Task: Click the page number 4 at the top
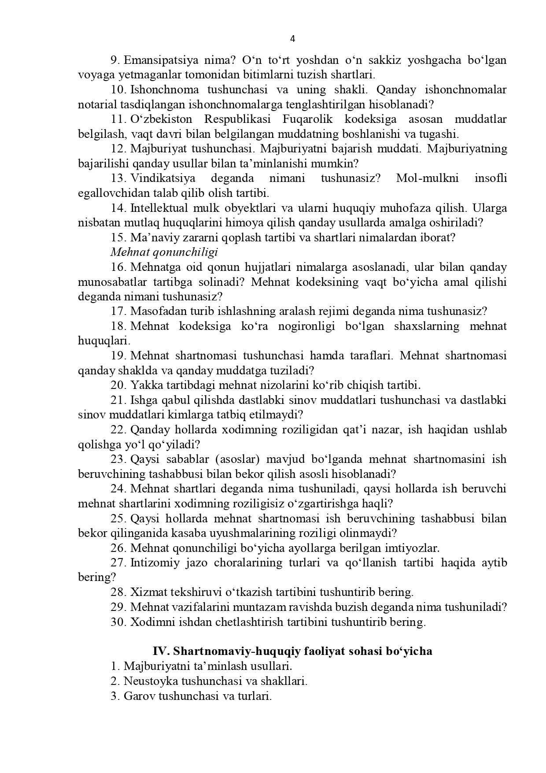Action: point(293,39)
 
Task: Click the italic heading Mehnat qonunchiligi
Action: point(164,252)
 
